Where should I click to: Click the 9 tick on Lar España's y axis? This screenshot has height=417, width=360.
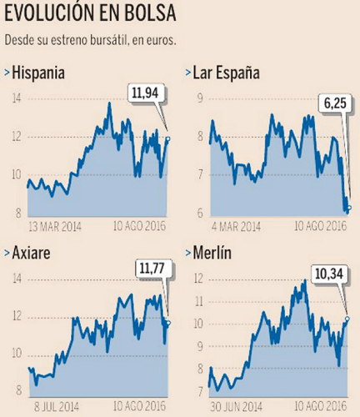[199, 98]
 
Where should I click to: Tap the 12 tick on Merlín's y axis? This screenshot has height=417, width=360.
[197, 278]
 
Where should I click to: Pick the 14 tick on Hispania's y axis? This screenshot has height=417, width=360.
[17, 98]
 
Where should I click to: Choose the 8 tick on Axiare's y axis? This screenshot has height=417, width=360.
[18, 392]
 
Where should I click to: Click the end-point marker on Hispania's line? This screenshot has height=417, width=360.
[167, 138]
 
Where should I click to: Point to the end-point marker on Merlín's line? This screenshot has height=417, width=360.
[347, 318]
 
